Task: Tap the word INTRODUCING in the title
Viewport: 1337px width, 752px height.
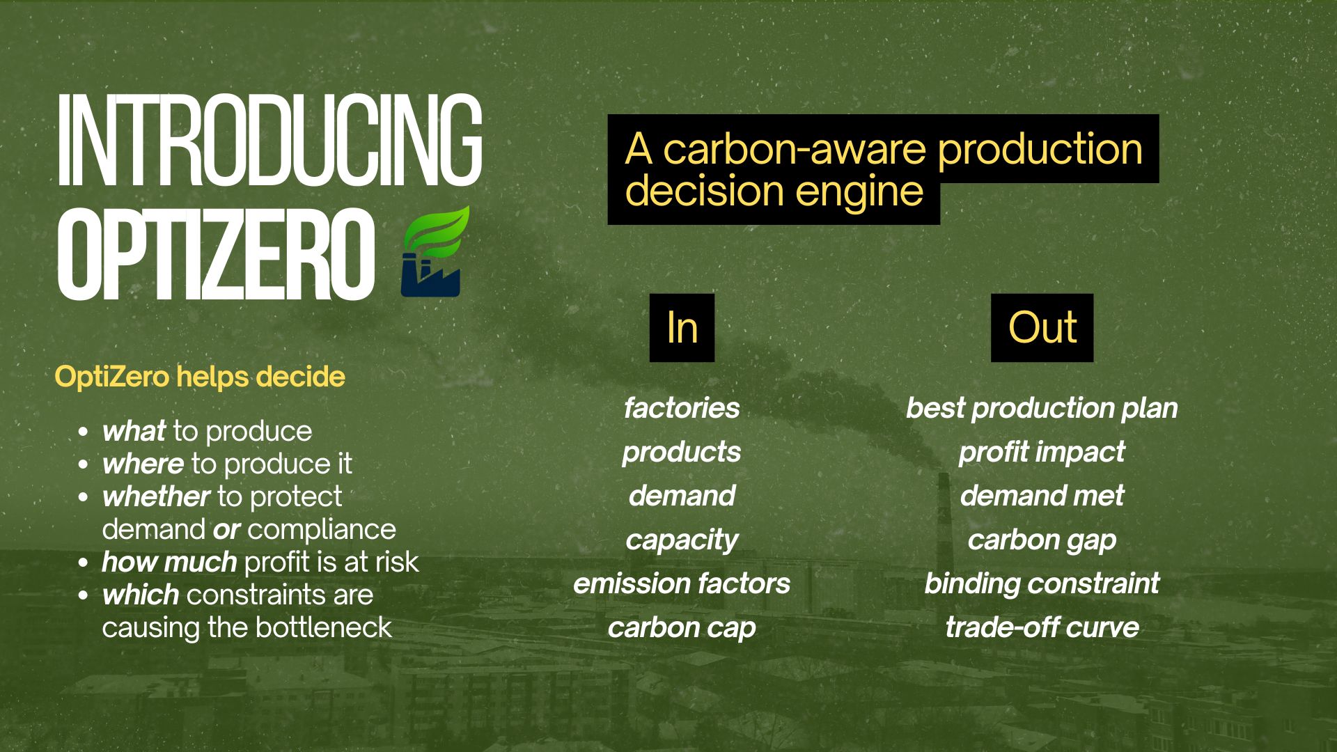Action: [269, 141]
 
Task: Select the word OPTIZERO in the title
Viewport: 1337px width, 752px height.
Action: [216, 254]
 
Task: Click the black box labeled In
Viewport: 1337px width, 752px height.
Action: [682, 328]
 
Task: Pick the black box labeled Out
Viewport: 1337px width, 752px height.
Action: [1042, 328]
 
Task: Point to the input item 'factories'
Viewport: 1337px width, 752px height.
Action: [682, 408]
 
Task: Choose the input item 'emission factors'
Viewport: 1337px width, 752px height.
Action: [682, 583]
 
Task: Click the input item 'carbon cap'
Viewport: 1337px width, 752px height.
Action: [682, 628]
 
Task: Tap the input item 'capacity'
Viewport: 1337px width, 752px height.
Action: [682, 540]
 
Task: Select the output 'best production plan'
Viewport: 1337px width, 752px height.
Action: [1042, 409]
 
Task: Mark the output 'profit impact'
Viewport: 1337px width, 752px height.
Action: [1042, 453]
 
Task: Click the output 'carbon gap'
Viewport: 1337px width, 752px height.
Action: [1042, 540]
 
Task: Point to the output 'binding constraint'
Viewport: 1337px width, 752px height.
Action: [1042, 584]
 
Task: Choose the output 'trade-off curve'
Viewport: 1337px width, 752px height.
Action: [1042, 628]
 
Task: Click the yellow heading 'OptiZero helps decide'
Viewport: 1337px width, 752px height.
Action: [200, 377]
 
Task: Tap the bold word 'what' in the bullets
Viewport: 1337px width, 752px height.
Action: [134, 431]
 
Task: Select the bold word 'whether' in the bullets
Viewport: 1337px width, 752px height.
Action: [155, 496]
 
